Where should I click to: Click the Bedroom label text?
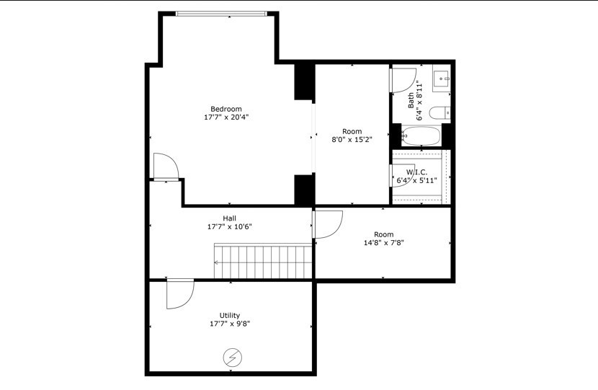pos(226,109)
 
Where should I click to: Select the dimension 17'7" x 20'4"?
pos(226,118)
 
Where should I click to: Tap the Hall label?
pos(229,218)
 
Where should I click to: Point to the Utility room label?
pos(230,315)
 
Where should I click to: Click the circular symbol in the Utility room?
pos(233,357)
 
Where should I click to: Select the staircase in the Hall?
pos(263,261)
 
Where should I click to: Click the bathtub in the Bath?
pos(421,136)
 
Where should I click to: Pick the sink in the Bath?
pos(441,78)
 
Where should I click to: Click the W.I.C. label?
pos(416,172)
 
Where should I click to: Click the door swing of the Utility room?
pos(179,293)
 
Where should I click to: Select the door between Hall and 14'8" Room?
pos(327,223)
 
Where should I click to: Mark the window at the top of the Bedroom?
pos(222,13)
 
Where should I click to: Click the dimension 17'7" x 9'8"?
pos(230,324)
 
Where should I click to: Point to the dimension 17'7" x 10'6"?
pos(229,227)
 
